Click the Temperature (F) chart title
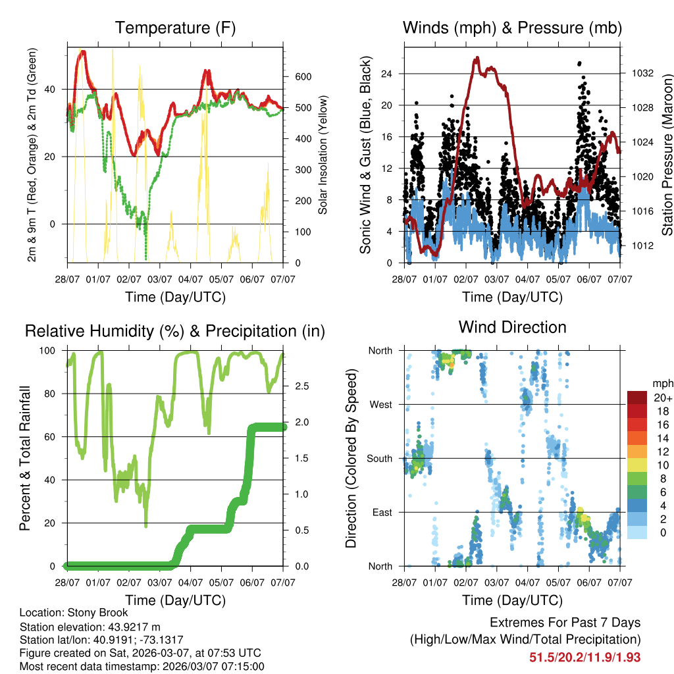point(175,28)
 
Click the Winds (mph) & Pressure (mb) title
point(513,28)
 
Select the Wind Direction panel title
point(513,327)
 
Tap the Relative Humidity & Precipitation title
point(175,331)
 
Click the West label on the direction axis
point(381,404)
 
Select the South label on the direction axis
point(380,458)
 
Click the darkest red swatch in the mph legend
point(636,398)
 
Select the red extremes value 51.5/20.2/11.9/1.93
point(584,657)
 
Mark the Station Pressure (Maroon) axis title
point(667,155)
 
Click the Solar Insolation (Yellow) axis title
point(323,155)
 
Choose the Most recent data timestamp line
point(142,666)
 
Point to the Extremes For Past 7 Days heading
point(565,623)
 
